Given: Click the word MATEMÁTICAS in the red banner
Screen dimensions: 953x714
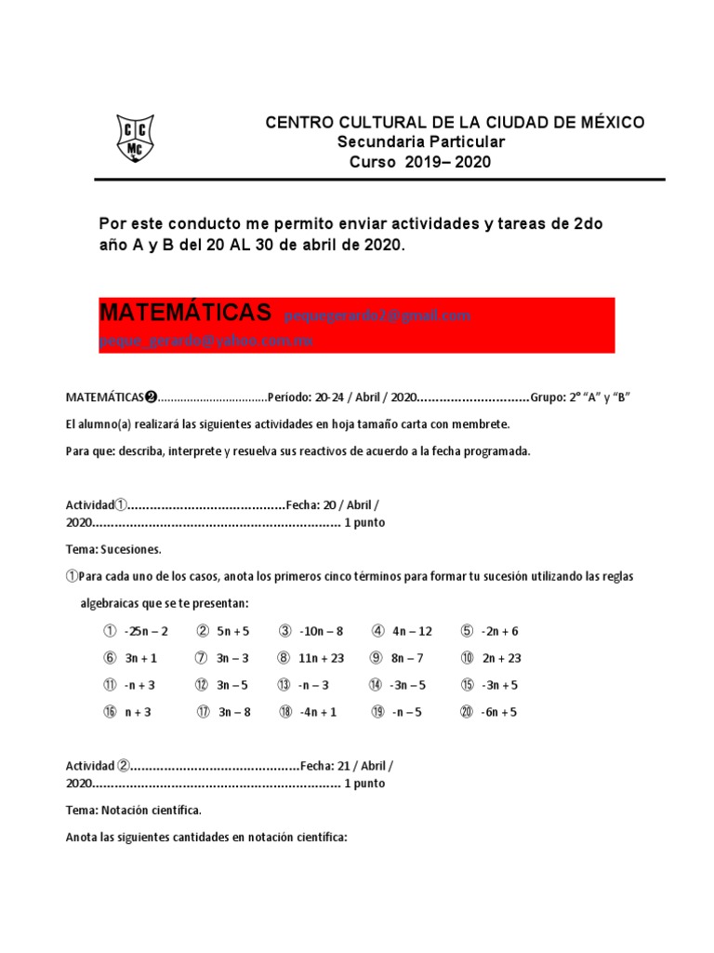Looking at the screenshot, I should click(185, 313).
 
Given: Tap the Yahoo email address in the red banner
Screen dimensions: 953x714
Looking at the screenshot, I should click(205, 341).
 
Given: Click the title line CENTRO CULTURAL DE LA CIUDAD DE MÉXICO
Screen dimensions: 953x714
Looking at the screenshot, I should click(455, 123).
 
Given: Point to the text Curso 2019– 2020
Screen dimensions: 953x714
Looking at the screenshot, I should click(419, 162).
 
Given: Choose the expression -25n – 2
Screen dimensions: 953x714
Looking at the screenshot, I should click(145, 631).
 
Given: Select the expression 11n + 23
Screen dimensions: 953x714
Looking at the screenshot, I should click(323, 658).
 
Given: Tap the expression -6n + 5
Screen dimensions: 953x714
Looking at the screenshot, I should click(500, 712).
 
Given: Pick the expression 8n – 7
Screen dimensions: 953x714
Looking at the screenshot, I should click(407, 658).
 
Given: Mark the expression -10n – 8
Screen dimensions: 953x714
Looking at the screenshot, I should click(321, 631).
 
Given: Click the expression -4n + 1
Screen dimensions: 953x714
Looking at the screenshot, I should click(320, 712).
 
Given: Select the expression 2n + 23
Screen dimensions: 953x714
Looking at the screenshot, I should click(501, 658).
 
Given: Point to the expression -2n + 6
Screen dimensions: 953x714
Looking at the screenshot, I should click(500, 631).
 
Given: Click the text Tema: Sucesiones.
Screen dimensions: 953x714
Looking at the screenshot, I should click(113, 549).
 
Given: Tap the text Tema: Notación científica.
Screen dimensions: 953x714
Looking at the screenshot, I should click(133, 811).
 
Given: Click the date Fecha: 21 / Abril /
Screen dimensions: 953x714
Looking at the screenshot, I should click(346, 766).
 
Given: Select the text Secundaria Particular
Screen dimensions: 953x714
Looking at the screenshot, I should click(421, 142).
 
